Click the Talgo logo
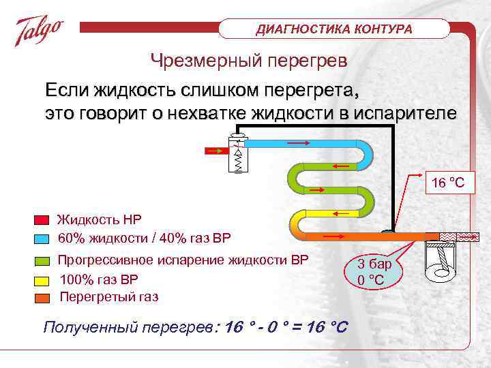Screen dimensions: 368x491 tap(40, 30)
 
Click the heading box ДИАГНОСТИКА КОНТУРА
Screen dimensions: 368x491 tap(334, 29)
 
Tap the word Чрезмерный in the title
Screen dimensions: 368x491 tap(198, 61)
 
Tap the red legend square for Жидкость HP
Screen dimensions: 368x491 tap(42, 220)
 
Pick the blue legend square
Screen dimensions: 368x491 tap(42, 239)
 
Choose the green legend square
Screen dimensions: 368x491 tap(42, 261)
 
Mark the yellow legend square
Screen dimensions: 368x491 tap(42, 280)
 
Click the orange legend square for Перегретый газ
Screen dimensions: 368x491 tap(42, 297)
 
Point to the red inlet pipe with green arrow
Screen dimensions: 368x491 tap(217, 152)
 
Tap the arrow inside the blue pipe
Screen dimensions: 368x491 tap(298, 144)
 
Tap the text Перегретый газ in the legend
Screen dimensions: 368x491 tap(109, 297)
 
